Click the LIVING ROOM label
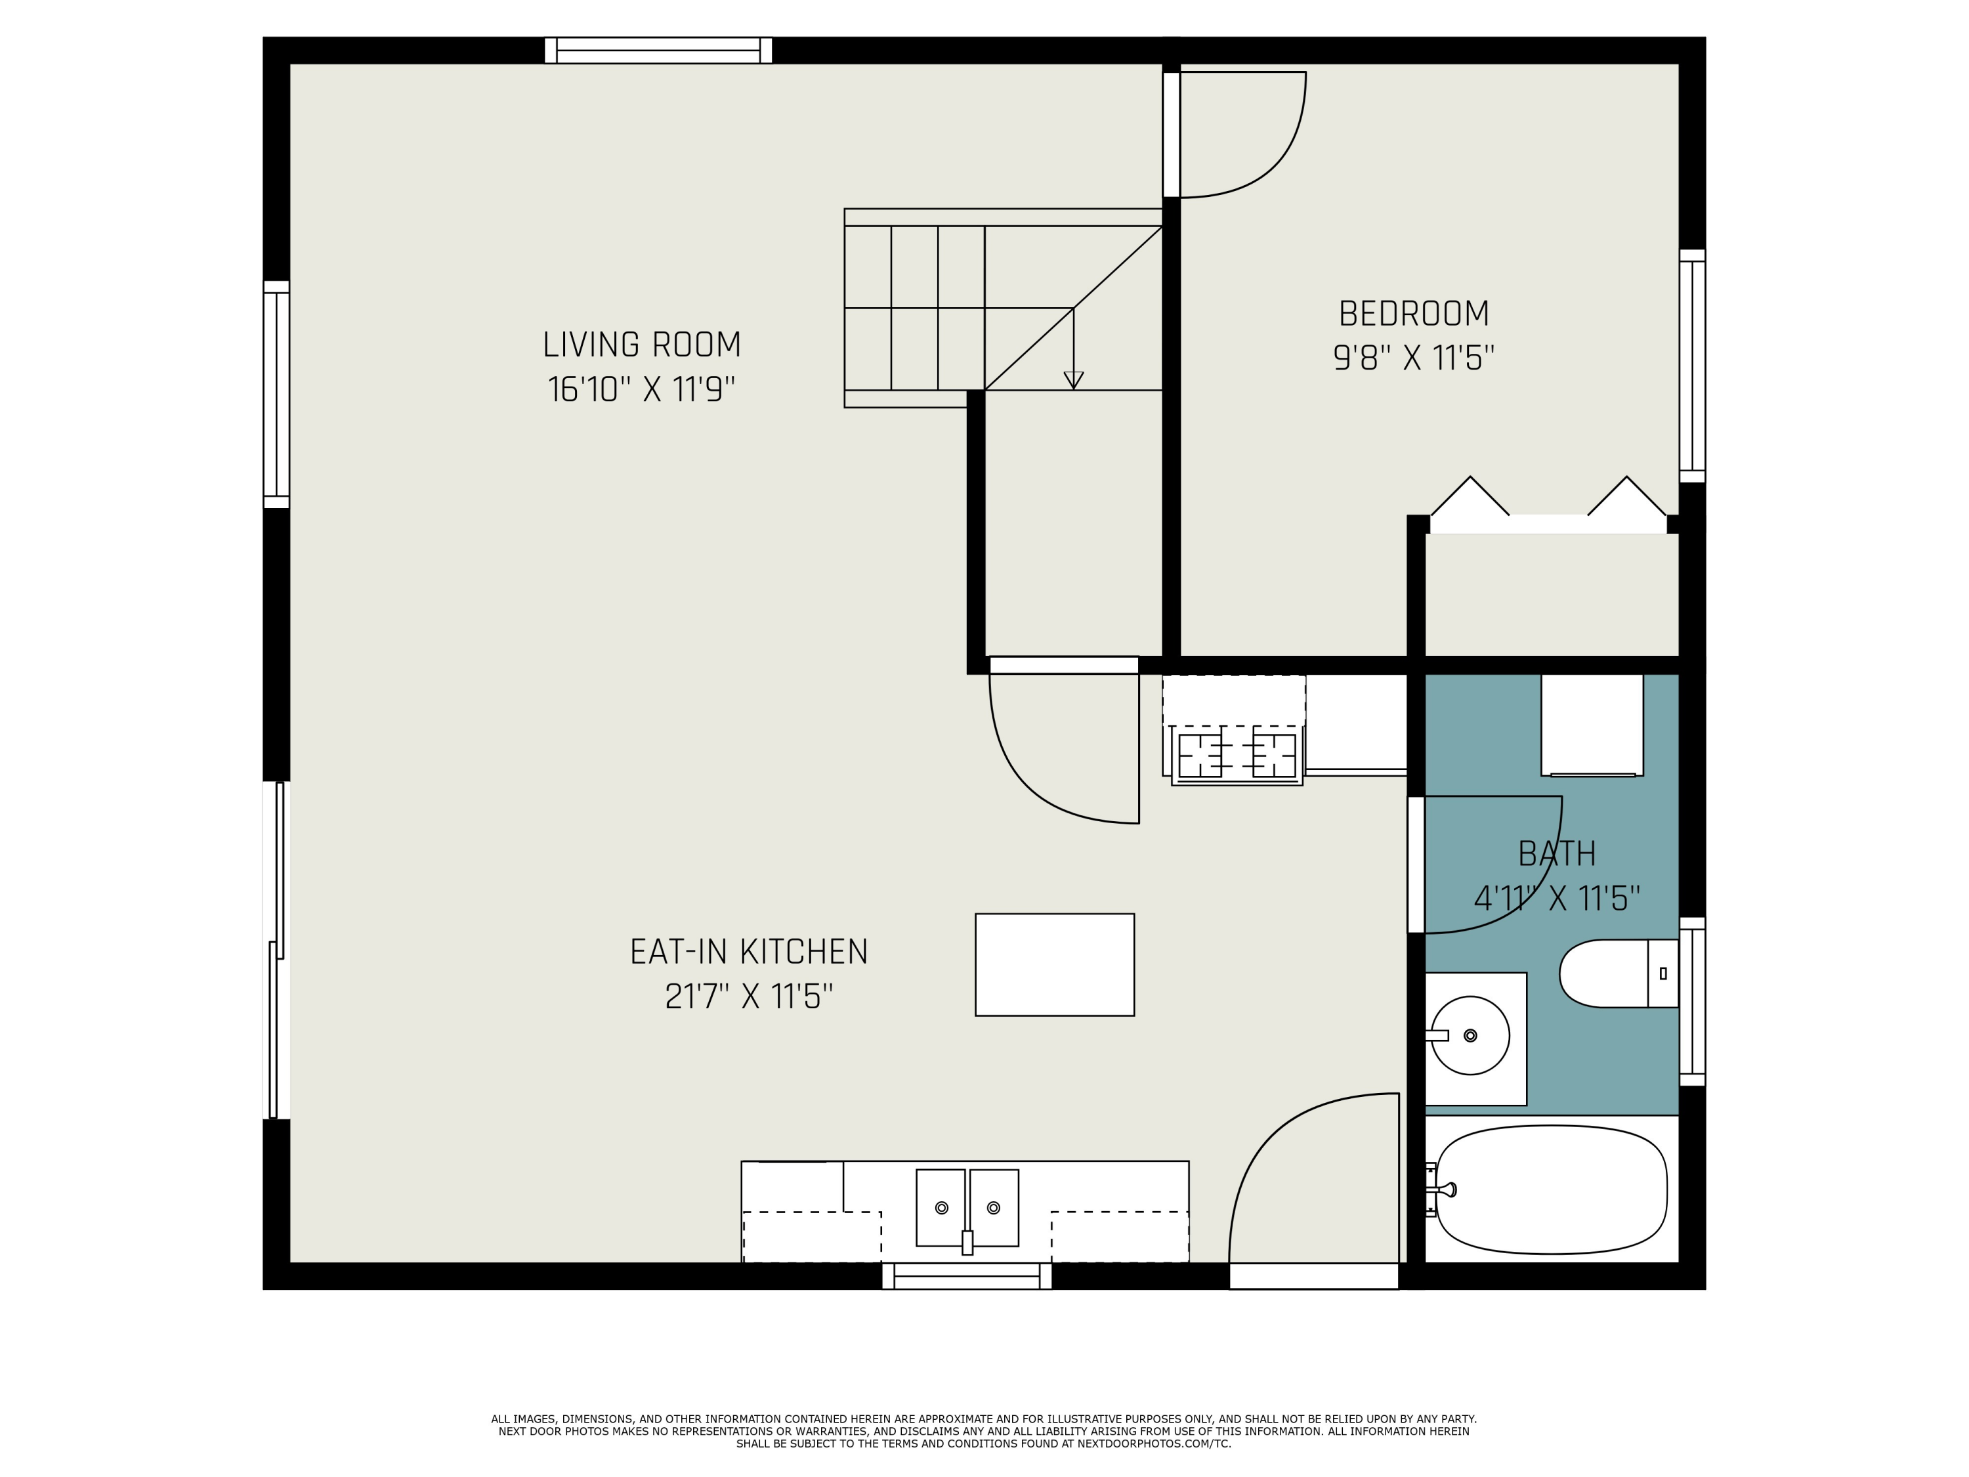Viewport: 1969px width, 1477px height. pyautogui.click(x=642, y=345)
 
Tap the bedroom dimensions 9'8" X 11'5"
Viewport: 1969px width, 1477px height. pyautogui.click(x=1414, y=358)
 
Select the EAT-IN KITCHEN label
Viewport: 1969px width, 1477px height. pyautogui.click(x=749, y=952)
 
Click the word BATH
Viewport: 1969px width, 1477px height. pyautogui.click(x=1557, y=854)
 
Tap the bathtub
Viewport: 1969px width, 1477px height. pyautogui.click(x=1551, y=1189)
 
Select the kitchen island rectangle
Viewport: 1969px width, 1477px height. pyautogui.click(x=1055, y=964)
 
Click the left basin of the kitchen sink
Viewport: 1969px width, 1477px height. pyautogui.click(x=941, y=1207)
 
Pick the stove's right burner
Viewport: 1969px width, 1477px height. pyautogui.click(x=1274, y=756)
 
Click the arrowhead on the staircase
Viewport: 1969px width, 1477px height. pyautogui.click(x=1074, y=380)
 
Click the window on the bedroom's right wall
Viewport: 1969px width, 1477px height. pyautogui.click(x=1692, y=366)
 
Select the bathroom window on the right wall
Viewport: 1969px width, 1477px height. pyautogui.click(x=1692, y=1002)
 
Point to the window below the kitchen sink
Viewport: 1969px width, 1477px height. pyautogui.click(x=967, y=1275)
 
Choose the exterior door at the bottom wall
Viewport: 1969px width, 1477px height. pyautogui.click(x=1314, y=1275)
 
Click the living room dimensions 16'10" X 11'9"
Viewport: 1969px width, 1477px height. pyautogui.click(x=642, y=389)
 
